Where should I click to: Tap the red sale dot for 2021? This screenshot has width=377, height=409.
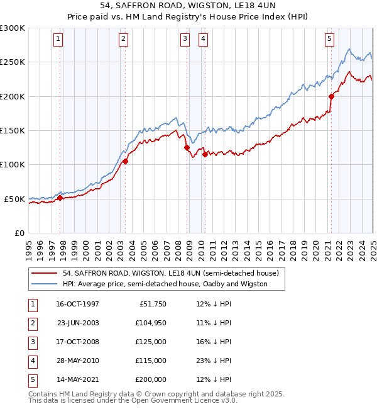click(331, 96)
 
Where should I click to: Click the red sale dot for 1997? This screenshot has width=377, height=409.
click(60, 198)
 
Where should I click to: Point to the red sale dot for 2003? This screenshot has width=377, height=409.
click(125, 161)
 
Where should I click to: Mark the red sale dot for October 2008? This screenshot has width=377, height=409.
click(187, 148)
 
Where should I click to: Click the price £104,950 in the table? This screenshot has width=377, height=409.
click(151, 323)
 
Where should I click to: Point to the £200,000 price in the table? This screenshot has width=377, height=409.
click(151, 379)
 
